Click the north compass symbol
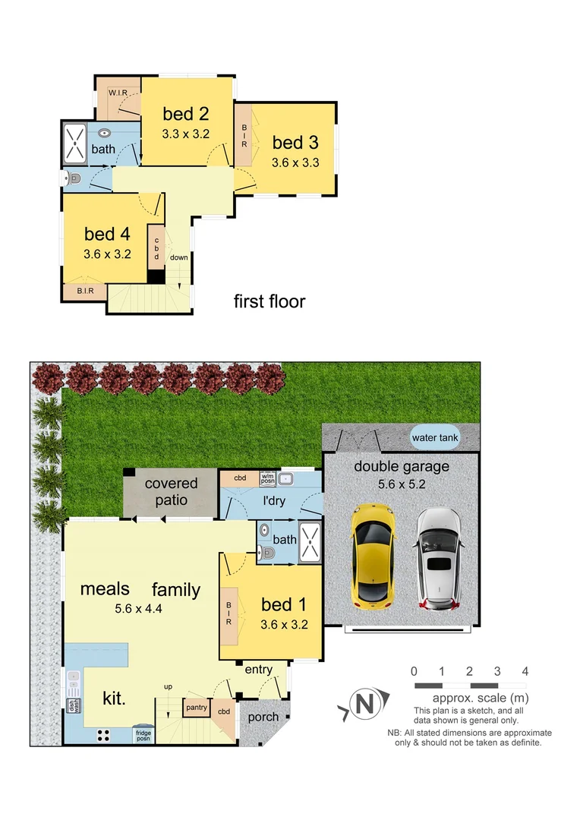point(364,705)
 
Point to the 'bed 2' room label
point(185,114)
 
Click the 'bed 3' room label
point(295,142)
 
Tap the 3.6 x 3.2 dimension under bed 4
point(107,254)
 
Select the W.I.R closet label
point(118,93)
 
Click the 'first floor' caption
point(269,301)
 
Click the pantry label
point(196,708)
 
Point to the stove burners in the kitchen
point(103,734)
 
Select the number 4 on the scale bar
point(525,671)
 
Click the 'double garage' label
point(402,467)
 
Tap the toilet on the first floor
point(74,179)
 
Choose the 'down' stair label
point(179,257)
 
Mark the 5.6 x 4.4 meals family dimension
point(140,607)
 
